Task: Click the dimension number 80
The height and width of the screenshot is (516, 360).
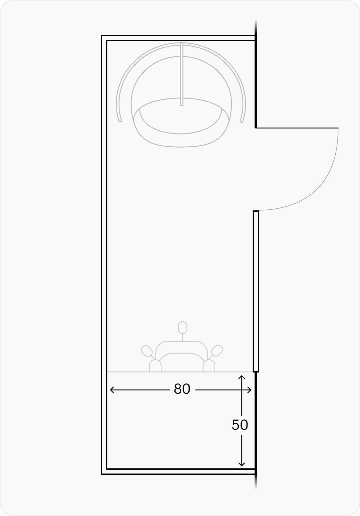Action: point(182,389)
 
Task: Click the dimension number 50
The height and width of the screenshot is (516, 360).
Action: point(240,425)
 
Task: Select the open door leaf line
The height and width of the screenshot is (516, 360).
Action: point(297,128)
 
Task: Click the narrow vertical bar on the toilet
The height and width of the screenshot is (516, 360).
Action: point(182,74)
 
